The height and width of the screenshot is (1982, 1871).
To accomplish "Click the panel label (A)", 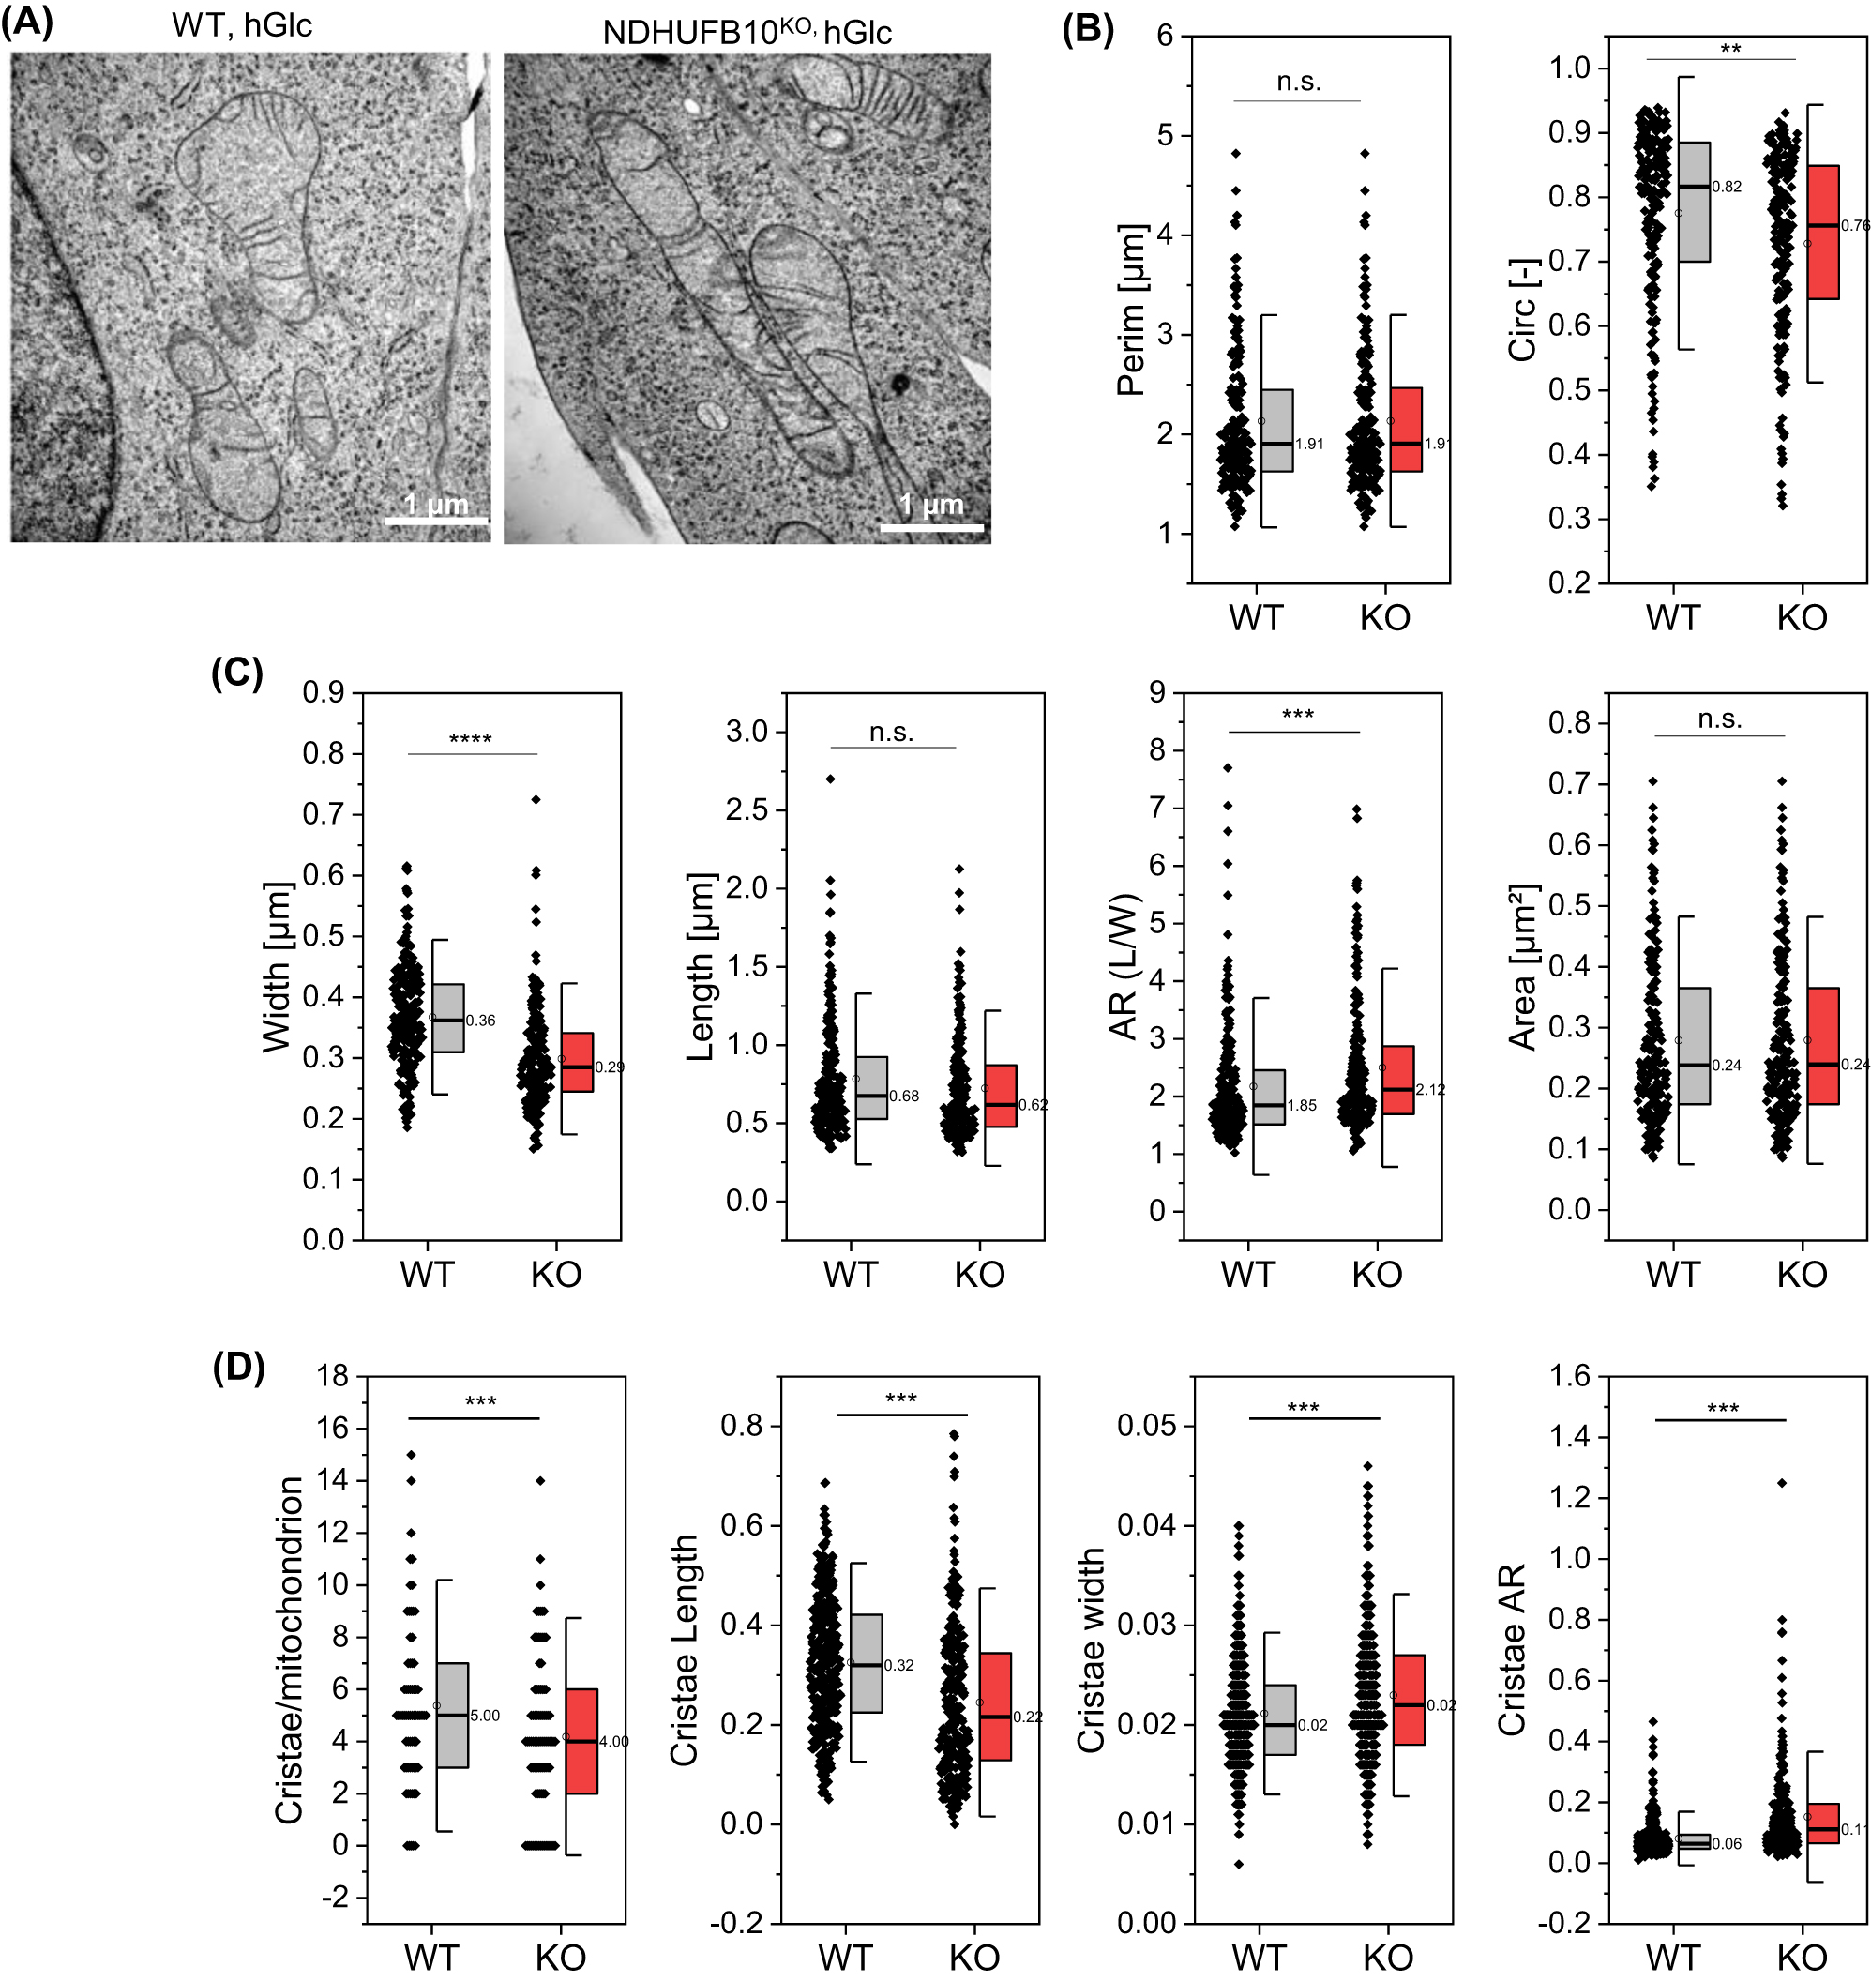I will [x=27, y=21].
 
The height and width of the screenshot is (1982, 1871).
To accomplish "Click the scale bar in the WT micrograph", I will [x=437, y=521].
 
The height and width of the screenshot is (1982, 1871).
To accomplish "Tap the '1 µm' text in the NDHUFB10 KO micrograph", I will [x=931, y=504].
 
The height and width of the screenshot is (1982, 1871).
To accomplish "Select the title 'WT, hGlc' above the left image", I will [x=241, y=25].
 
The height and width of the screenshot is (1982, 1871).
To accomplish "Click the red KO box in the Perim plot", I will [x=1406, y=429].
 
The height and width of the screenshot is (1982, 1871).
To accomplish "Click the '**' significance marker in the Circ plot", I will [x=1730, y=49].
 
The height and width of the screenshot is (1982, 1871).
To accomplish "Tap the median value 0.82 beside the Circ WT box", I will [x=1727, y=187].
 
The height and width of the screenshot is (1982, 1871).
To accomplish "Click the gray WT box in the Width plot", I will [x=447, y=1018].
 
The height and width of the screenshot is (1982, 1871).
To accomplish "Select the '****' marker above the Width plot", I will [x=471, y=739].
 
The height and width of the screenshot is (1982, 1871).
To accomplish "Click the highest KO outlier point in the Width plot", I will [x=536, y=799].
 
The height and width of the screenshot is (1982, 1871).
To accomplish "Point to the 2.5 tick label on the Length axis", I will [x=747, y=809].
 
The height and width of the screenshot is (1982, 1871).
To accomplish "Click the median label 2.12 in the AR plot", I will [x=1430, y=1089].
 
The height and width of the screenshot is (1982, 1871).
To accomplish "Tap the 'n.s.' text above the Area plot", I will [x=1719, y=719].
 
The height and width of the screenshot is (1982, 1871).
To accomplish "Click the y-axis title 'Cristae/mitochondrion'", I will [x=289, y=1651].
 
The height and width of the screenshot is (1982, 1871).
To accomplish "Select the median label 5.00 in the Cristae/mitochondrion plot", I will [x=485, y=1716].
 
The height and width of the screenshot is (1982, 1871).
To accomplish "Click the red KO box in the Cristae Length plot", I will [x=995, y=1705].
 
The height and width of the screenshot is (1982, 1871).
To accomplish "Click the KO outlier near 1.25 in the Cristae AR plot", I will [x=1782, y=1483].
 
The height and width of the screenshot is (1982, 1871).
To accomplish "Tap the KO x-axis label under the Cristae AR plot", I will [x=1802, y=1958].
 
